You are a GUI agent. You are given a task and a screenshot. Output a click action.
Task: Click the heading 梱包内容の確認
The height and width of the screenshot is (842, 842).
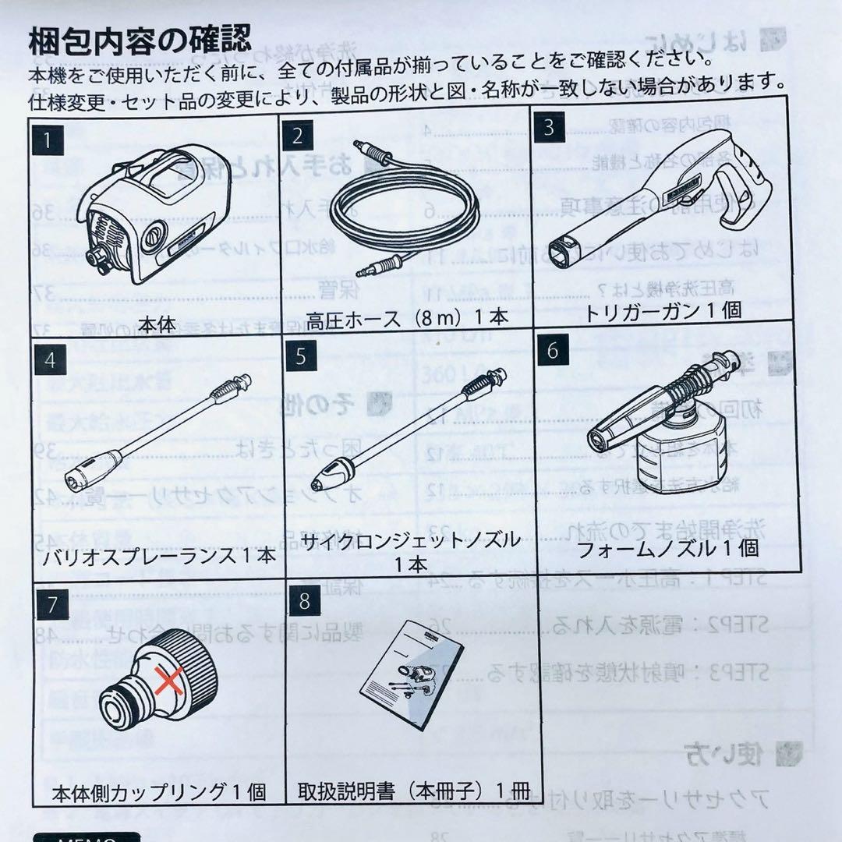(x=140, y=39)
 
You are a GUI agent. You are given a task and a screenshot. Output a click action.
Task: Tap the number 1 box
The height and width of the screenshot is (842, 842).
(x=50, y=141)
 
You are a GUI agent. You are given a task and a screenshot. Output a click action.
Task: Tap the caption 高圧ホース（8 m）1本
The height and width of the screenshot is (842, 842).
(x=407, y=320)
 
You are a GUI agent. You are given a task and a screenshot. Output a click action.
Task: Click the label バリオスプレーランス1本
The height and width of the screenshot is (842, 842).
(x=156, y=556)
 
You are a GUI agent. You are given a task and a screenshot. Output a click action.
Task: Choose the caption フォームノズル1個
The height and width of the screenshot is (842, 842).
(x=668, y=548)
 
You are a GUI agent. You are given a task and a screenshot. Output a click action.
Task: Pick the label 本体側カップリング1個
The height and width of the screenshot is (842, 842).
(x=159, y=793)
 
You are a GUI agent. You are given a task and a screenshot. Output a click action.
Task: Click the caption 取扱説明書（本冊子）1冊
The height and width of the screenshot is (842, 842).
(x=413, y=792)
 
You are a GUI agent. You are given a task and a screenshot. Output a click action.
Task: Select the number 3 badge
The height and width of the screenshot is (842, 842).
(x=550, y=126)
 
